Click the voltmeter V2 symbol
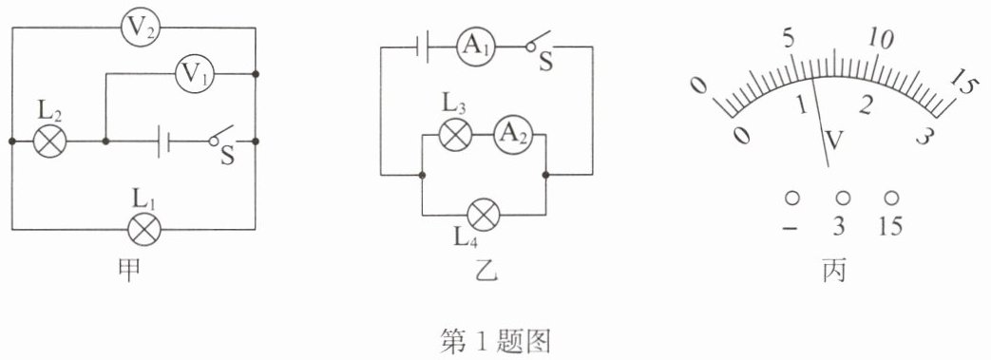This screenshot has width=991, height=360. pos(141,28)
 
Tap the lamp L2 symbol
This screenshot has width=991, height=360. pos(49,141)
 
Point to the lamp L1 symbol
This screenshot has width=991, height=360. pos(144,229)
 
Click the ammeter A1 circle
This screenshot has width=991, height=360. pos(475,47)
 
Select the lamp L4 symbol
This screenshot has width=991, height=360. pos(483,214)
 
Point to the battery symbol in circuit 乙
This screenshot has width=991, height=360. pos(422,47)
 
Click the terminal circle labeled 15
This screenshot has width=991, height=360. pos(891,198)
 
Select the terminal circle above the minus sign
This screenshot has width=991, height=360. pos(791,198)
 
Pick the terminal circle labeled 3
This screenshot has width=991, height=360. pos(843,198)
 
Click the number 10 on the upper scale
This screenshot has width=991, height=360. pos(881,39)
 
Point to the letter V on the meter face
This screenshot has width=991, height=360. pos(834,141)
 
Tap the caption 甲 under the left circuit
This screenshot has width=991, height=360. pos(129,271)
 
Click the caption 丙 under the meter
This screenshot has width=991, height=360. pos(834,271)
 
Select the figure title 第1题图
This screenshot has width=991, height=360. pos(496,342)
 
